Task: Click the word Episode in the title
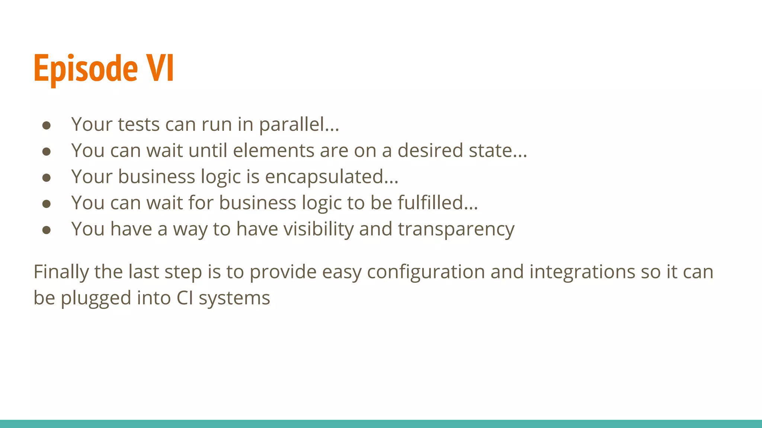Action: point(86,69)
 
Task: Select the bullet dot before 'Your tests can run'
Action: point(47,125)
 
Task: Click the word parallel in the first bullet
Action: point(299,124)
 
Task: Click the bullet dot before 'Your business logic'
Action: point(47,178)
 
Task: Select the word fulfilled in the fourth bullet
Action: point(437,203)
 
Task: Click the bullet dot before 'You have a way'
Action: point(47,230)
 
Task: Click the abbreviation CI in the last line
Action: point(185,298)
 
